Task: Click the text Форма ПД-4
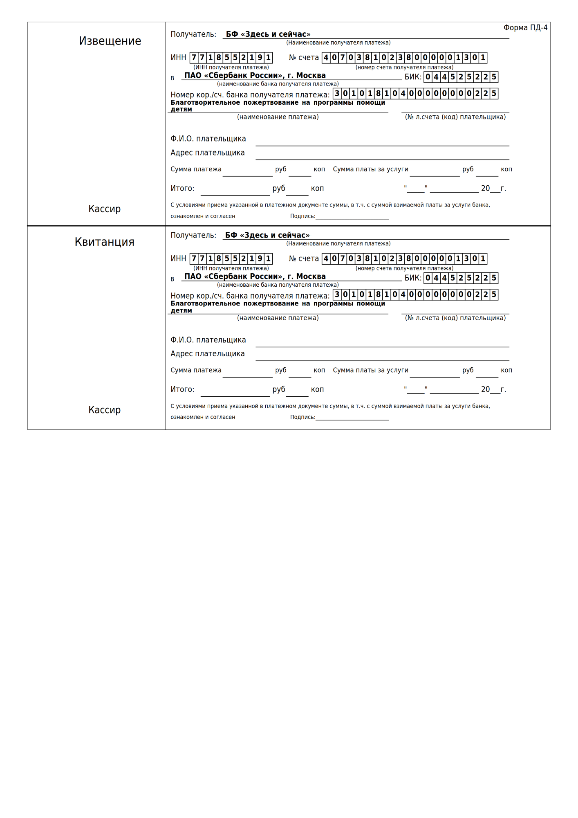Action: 525,28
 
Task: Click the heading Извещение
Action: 110,41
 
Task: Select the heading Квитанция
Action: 104,242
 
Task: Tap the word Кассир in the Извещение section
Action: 104,209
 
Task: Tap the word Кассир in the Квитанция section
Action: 104,410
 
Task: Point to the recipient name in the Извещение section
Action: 268,34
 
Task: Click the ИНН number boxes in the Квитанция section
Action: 231,258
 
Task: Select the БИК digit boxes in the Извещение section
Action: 461,77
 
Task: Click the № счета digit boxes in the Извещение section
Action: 404,58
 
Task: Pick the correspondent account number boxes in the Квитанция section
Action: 415,294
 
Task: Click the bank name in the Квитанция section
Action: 255,276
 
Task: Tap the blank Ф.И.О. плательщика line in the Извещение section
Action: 382,141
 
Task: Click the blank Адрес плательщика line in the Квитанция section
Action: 382,356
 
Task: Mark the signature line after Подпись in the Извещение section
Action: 352,217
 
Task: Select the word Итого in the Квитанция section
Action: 182,389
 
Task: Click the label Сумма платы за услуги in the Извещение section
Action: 370,169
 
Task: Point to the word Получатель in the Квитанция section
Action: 193,235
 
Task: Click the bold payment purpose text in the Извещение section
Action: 278,106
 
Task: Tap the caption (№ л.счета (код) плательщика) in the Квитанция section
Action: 455,318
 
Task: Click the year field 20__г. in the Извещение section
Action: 493,189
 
